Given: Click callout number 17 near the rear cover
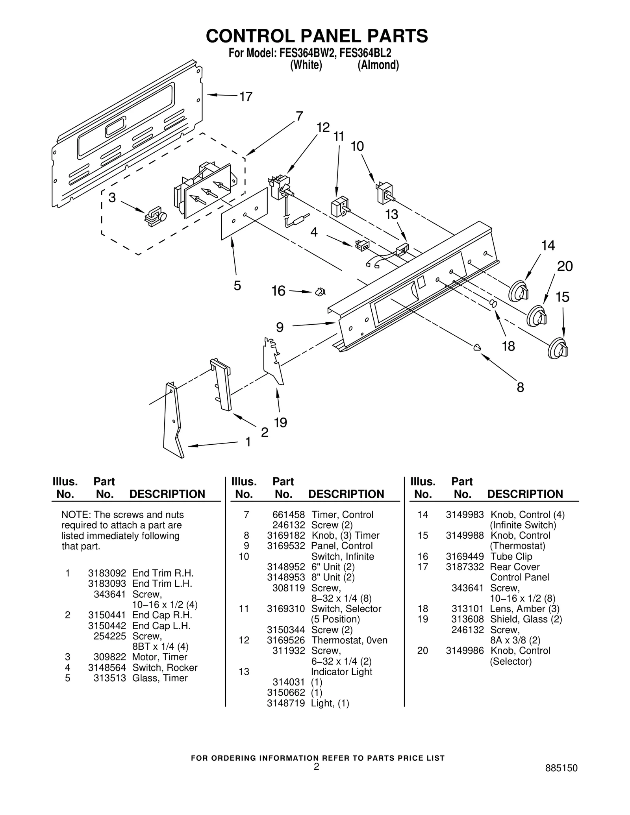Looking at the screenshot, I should [246, 97].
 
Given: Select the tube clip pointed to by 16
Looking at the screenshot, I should [319, 292].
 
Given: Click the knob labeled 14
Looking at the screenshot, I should [519, 292].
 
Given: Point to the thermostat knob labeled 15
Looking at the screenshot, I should [558, 348].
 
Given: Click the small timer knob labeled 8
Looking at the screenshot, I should [477, 347].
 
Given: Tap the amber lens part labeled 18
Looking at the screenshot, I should [493, 303].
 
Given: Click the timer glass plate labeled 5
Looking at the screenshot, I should [244, 214].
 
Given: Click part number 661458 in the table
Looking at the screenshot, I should [288, 515].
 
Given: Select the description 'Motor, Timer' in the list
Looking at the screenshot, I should [159, 657].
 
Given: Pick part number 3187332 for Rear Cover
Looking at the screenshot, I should [464, 567].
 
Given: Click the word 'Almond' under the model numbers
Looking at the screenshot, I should [378, 65].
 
